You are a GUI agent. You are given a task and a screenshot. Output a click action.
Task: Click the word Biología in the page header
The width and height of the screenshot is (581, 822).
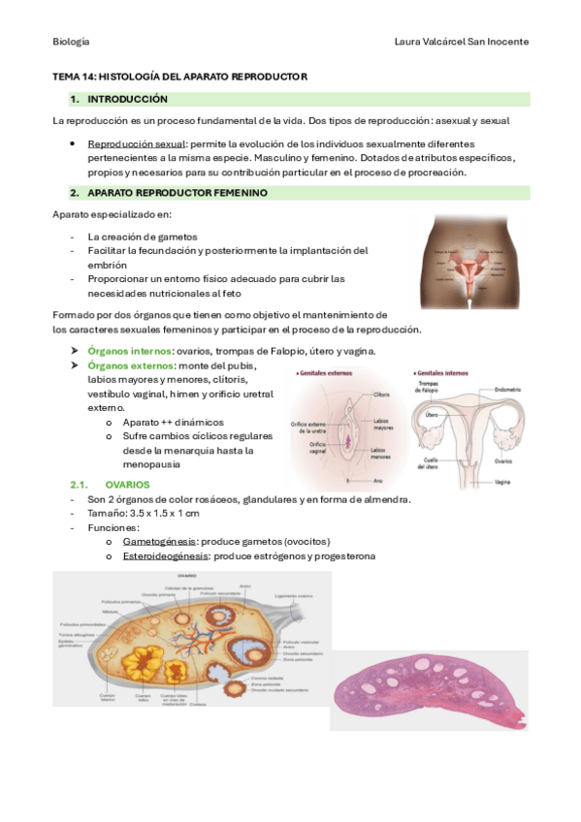click(71, 42)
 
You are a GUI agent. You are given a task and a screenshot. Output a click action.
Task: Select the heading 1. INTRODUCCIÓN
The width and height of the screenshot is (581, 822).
click(127, 99)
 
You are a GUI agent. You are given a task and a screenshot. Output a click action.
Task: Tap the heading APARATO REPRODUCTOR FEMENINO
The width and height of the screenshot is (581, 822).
click(177, 193)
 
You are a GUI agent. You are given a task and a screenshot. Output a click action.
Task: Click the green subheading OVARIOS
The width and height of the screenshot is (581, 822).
click(126, 484)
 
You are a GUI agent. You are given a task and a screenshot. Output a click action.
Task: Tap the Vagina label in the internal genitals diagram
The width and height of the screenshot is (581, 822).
click(501, 481)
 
